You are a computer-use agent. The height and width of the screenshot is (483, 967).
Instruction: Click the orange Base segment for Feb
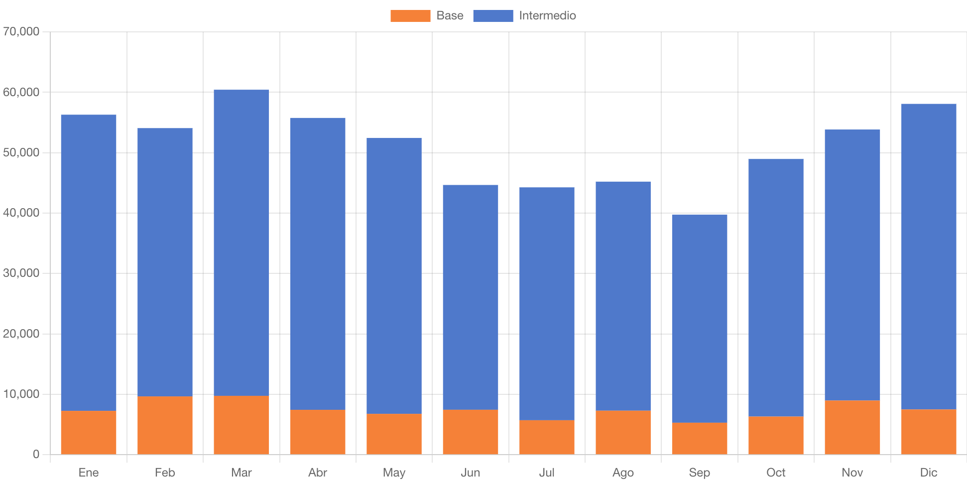click(165, 425)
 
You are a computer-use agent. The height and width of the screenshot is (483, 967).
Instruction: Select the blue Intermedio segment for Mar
click(242, 242)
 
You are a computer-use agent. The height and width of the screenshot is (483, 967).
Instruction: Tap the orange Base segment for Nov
click(852, 427)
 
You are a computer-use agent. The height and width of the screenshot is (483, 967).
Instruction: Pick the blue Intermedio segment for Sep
click(699, 319)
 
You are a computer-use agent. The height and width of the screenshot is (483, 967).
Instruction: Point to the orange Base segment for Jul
click(547, 437)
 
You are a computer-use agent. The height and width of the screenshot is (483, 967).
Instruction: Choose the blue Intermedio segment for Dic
click(929, 256)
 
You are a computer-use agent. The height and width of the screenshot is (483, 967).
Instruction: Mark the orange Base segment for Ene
click(89, 432)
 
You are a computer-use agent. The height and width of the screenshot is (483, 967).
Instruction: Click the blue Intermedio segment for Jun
click(471, 297)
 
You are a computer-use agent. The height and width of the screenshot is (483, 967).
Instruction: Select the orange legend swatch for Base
click(410, 16)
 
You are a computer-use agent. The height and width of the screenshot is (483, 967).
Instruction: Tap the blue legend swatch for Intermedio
click(492, 16)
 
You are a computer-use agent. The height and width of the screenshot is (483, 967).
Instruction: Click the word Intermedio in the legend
click(547, 16)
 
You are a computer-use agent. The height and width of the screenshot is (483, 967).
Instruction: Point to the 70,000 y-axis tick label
click(21, 32)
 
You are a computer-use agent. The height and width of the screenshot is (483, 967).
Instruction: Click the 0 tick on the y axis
click(36, 454)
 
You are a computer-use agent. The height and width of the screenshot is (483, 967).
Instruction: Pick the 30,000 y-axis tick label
click(21, 273)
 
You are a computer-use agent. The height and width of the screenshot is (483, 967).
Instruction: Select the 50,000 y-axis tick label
click(21, 153)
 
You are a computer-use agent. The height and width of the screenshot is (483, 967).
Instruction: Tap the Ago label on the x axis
click(623, 473)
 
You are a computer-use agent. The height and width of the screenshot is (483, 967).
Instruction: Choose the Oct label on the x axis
click(776, 473)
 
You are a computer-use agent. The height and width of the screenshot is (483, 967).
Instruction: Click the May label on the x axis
click(394, 473)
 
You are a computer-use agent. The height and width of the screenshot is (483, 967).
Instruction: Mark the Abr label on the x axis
click(318, 473)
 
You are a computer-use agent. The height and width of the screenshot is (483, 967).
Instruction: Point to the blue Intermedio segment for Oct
click(776, 287)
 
